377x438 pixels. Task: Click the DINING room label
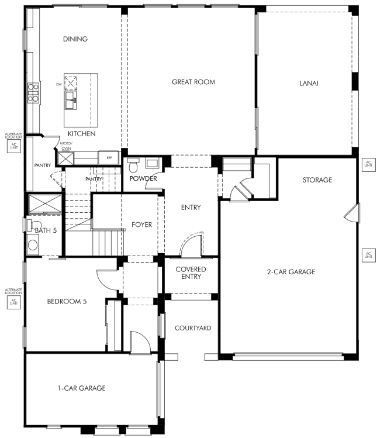(75, 39)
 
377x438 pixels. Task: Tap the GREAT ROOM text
(193, 82)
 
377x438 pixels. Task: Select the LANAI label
(309, 83)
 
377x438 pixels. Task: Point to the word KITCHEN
(82, 133)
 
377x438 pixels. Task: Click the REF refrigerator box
(109, 158)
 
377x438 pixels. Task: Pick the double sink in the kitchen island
(71, 100)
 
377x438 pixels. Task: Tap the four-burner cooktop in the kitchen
(33, 93)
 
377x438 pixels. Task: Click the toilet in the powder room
(133, 165)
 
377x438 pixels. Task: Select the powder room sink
(152, 163)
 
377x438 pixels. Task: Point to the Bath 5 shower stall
(45, 204)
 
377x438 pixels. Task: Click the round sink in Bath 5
(33, 245)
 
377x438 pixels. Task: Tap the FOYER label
(141, 225)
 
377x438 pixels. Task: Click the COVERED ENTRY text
(191, 273)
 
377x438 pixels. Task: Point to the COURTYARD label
(193, 328)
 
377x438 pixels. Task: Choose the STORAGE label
(317, 180)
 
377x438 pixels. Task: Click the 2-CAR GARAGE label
(291, 272)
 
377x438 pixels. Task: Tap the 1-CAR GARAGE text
(82, 388)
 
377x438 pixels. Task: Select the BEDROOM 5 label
(67, 301)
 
